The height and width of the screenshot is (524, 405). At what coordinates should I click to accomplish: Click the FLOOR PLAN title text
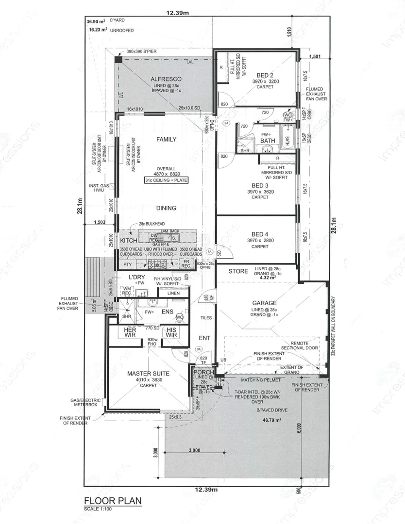(x=112, y=501)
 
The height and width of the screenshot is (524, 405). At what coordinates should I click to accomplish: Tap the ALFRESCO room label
(x=166, y=79)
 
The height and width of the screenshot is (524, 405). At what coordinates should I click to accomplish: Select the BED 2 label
(x=265, y=75)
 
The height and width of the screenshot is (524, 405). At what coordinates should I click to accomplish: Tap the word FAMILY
(x=166, y=139)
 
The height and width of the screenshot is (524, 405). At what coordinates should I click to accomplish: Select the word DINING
(x=166, y=208)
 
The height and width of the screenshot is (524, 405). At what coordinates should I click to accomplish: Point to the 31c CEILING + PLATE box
(x=166, y=180)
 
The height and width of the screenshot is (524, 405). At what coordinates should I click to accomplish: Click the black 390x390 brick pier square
(x=118, y=59)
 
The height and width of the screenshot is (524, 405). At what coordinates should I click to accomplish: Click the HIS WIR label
(x=171, y=333)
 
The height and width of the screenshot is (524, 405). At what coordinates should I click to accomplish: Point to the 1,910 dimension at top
(x=289, y=33)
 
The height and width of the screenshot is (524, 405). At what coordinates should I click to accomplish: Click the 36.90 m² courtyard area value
(x=96, y=22)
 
